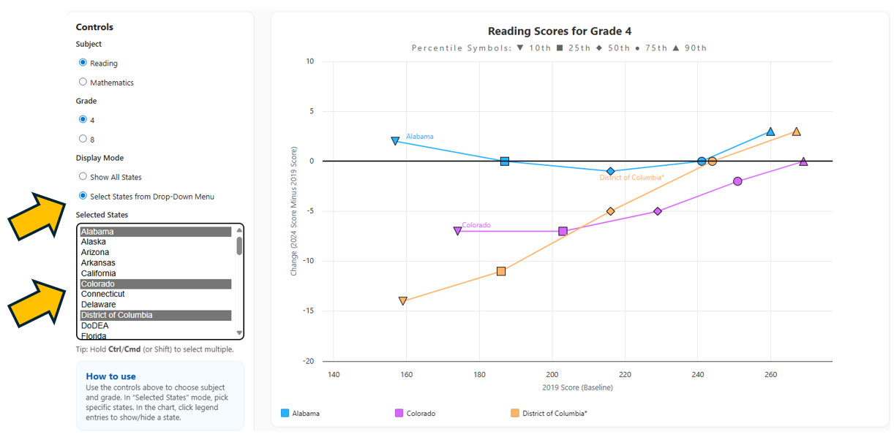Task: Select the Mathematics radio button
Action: coord(83,82)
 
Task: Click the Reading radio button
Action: coord(83,63)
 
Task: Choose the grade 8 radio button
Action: coord(83,138)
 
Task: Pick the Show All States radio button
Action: coord(83,176)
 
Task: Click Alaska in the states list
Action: coord(94,242)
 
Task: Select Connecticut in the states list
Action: coord(103,294)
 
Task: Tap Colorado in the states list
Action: coord(98,284)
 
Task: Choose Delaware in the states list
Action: coord(98,305)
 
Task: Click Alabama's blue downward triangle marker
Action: coord(395,140)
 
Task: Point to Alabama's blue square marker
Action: coord(505,161)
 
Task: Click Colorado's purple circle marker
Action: coord(737,181)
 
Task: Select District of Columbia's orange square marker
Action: coord(501,271)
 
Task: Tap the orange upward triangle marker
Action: coord(796,132)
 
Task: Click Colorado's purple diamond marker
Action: coord(658,211)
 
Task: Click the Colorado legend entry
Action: coord(421,414)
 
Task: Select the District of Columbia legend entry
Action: coord(554,414)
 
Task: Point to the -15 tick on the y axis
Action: coord(309,311)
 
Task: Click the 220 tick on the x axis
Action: coord(625,375)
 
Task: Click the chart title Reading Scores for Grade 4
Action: coord(559,31)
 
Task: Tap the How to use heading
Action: coord(111,376)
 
